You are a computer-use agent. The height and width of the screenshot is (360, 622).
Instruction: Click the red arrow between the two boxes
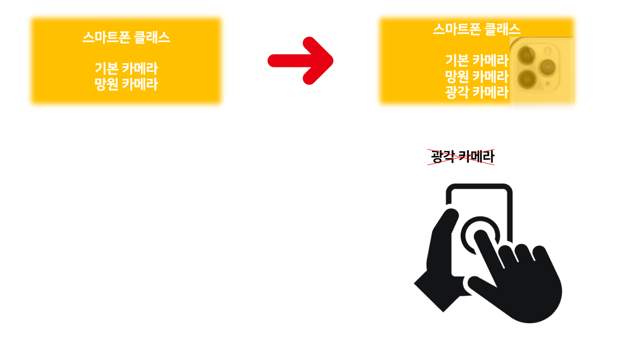pos(300,60)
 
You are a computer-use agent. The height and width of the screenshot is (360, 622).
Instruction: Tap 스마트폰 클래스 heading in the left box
pos(126,37)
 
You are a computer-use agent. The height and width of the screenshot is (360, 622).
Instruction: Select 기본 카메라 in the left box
pos(126,69)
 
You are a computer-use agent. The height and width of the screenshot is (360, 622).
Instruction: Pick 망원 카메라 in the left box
pos(126,84)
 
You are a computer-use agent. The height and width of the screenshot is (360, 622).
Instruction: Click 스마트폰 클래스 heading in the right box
pos(476,29)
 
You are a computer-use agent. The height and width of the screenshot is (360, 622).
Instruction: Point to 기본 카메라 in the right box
pos(477,60)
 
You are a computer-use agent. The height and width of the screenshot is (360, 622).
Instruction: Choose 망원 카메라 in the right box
pos(477,76)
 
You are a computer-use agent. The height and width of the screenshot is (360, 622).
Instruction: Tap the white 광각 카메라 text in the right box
pos(477,92)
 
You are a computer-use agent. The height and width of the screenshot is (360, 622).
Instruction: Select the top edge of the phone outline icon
pos(479,187)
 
